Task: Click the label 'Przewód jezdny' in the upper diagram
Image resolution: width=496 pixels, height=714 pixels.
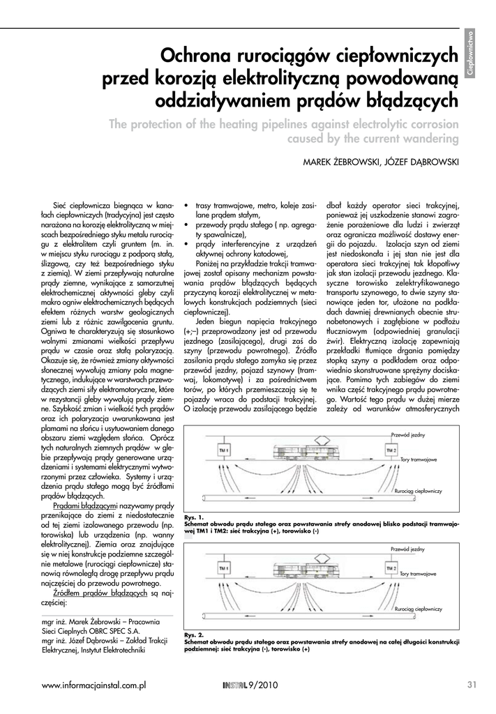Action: point(408,435)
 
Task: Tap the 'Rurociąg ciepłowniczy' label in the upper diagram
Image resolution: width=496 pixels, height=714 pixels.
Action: point(418,492)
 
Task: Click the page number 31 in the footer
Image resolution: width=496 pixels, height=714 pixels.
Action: point(471,685)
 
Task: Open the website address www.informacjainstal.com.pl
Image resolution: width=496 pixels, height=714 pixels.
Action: point(93,685)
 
